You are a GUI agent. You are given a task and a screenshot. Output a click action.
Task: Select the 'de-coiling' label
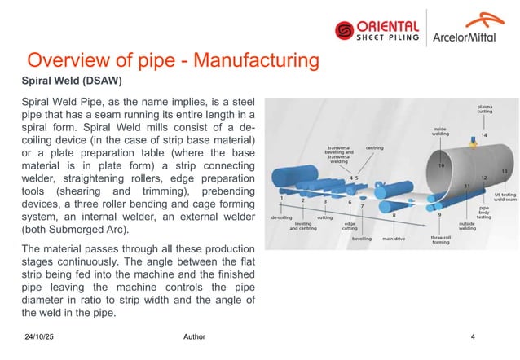[x=282, y=218]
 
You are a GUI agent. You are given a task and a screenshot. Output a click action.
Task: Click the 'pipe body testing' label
[x=484, y=213]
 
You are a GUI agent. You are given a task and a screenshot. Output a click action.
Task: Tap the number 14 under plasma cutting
[x=484, y=134]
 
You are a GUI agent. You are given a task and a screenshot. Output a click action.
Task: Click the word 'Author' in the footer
[x=195, y=336]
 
